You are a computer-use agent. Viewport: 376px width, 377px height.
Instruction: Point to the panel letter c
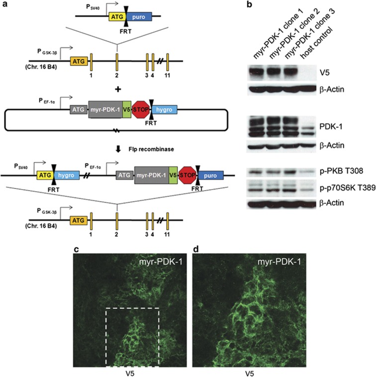point(76,247)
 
